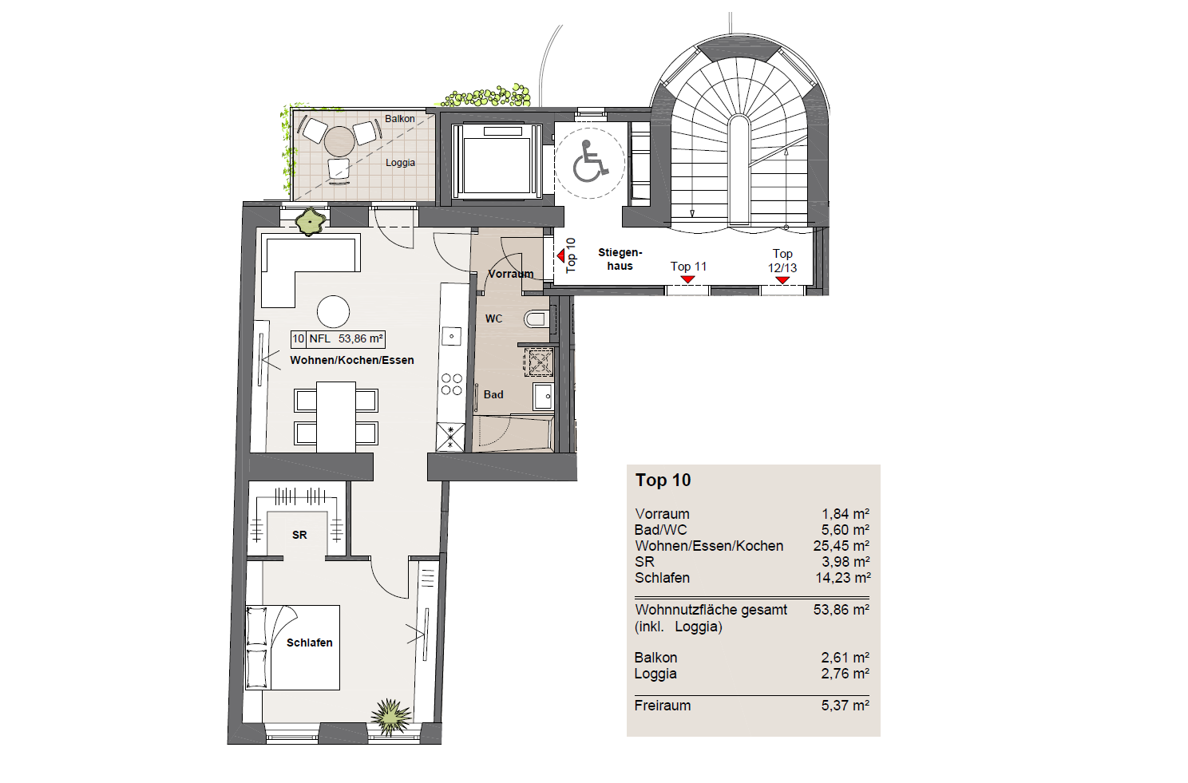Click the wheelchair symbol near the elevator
[590, 161]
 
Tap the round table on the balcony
[339, 141]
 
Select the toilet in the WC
[537, 319]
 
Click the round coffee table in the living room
[333, 312]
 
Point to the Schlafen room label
[309, 643]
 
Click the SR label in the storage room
[299, 535]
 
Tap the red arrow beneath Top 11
[688, 279]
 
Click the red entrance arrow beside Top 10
[560, 256]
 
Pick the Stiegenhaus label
[620, 259]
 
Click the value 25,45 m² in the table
[841, 545]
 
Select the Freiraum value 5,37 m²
[845, 706]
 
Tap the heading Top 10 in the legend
[663, 480]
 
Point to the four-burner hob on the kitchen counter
[451, 384]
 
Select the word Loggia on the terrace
[400, 163]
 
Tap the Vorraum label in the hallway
[510, 274]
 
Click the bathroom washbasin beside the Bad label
[543, 396]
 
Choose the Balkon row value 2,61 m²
[845, 658]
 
